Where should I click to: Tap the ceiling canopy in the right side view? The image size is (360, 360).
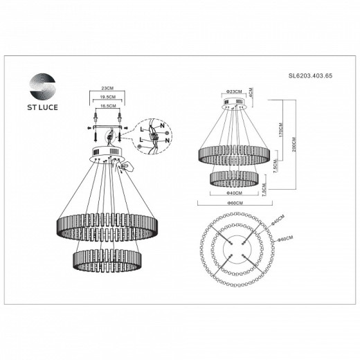click(233, 106)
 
